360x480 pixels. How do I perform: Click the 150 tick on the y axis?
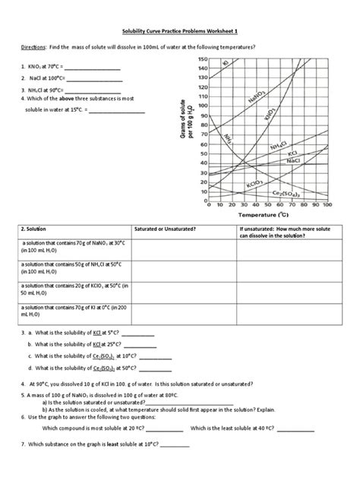(202, 60)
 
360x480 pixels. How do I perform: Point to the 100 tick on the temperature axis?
(327, 205)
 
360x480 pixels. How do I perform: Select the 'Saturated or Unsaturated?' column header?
(165, 228)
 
